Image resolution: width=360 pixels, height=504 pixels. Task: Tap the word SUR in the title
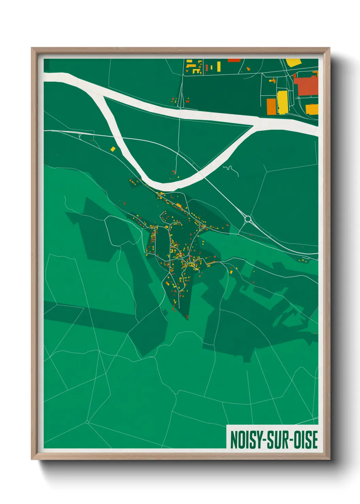276,440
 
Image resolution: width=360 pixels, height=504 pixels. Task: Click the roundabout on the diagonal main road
248,219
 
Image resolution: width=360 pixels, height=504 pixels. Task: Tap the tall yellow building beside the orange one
282,102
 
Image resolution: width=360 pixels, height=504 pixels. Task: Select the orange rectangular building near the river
271,106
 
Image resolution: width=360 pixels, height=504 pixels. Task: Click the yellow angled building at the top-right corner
294,62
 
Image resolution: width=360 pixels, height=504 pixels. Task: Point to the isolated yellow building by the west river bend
113,149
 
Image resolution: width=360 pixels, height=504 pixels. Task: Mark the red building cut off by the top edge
234,60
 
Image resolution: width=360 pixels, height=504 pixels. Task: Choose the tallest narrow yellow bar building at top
219,66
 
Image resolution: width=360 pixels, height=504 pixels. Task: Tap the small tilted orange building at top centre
248,69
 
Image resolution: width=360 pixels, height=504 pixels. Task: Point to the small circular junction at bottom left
87,422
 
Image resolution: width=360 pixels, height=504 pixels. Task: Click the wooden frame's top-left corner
32,48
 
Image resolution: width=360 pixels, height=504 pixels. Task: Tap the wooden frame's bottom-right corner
329,459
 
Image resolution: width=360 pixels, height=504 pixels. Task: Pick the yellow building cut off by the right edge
312,109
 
